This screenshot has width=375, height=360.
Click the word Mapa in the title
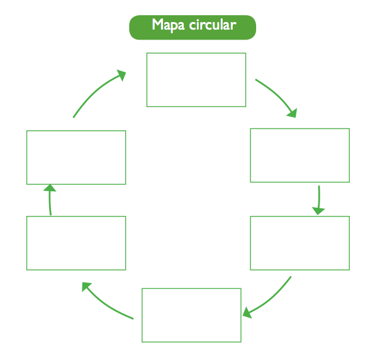(x=168, y=25)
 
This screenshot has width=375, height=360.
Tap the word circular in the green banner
(x=213, y=25)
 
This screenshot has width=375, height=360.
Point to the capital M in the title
(x=158, y=24)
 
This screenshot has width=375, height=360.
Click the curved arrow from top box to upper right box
(x=277, y=95)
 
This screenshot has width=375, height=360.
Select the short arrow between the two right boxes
(x=319, y=200)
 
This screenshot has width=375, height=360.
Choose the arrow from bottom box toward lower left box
(x=104, y=305)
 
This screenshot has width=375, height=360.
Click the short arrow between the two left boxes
(x=50, y=200)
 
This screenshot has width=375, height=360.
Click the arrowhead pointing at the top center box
(x=121, y=75)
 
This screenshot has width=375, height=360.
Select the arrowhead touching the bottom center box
(x=247, y=313)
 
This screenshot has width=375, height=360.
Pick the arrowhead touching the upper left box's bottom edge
(x=50, y=188)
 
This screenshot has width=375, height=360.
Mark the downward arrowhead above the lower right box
(x=318, y=211)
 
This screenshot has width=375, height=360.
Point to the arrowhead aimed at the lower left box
(x=86, y=286)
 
